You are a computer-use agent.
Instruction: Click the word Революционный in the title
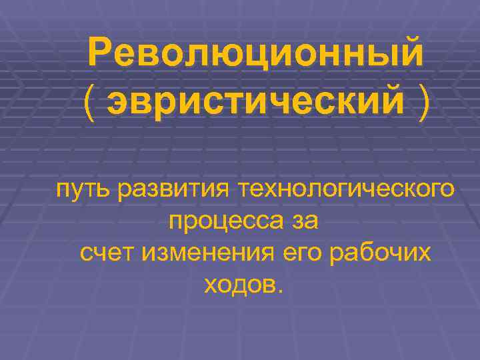pyautogui.click(x=255, y=52)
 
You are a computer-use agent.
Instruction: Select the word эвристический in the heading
pyautogui.click(x=257, y=103)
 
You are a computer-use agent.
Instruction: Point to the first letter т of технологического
pyautogui.click(x=256, y=191)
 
